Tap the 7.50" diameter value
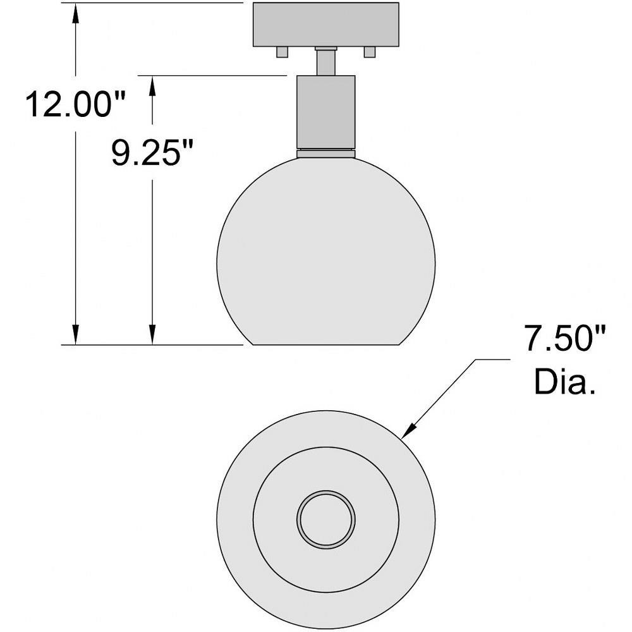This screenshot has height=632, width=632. [x=564, y=339]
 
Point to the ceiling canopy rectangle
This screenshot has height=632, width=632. [x=325, y=25]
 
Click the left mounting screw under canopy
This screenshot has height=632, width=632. [x=282, y=52]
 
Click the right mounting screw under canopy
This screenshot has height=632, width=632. [x=370, y=52]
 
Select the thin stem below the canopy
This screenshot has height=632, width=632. [x=325, y=61]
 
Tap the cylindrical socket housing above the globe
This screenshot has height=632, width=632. [x=325, y=112]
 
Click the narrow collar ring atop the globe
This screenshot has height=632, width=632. [x=325, y=153]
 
